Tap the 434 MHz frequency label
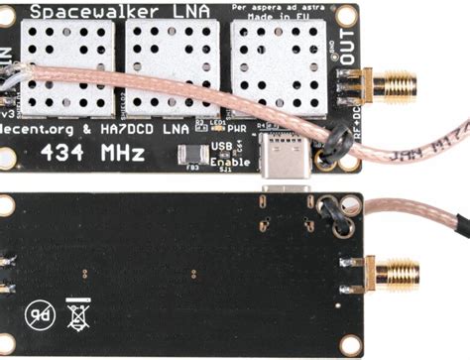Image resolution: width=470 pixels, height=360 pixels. (x=93, y=154)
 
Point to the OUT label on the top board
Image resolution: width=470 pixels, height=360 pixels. (x=350, y=51)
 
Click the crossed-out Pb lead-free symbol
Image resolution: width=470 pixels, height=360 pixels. (x=40, y=316)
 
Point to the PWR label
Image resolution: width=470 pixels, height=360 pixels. (x=238, y=128)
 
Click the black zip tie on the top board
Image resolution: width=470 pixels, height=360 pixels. (x=326, y=152)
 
